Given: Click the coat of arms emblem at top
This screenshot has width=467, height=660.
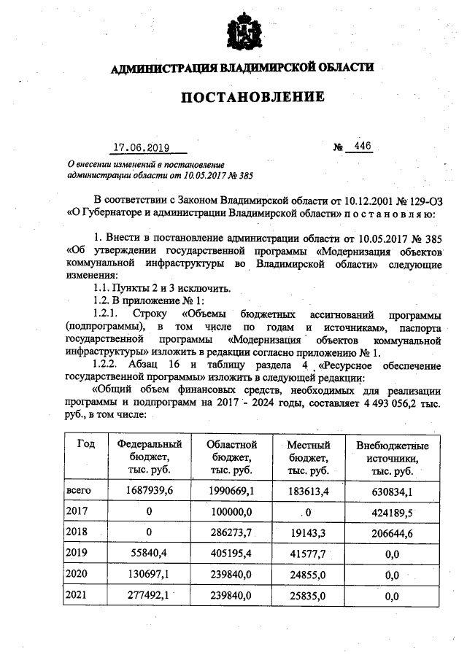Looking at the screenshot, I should click(242, 31).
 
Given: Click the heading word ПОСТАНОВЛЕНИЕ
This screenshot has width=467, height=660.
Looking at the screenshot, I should click(242, 97).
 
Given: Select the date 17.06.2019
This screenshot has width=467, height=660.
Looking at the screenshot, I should click(141, 148).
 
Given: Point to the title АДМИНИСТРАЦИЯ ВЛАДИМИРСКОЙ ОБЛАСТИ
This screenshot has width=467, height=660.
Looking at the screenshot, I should click(242, 68).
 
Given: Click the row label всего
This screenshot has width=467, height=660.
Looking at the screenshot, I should click(78, 491).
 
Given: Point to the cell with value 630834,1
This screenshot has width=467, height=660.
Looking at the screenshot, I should click(392, 491).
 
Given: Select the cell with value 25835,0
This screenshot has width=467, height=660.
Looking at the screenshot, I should click(309, 596).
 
